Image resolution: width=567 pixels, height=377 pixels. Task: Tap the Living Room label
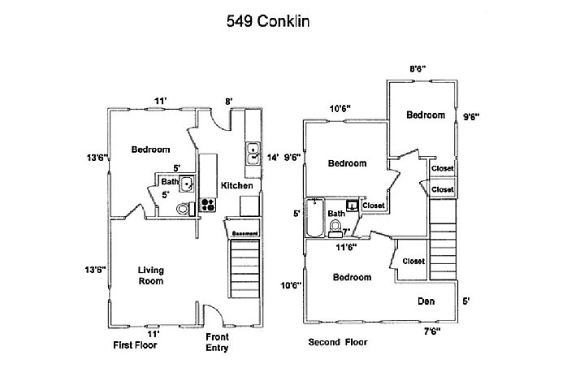tap(150, 275)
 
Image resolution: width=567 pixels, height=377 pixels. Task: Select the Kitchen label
tap(236, 186)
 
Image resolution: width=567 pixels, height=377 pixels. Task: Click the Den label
tap(426, 301)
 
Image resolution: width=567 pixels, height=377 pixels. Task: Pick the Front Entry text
tap(218, 342)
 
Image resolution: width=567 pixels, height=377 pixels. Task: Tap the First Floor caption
tap(135, 345)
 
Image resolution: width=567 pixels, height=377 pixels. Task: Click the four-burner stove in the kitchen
tap(207, 206)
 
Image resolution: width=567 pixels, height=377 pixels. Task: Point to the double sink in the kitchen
tap(253, 154)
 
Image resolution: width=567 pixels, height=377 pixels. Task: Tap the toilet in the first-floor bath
tap(184, 209)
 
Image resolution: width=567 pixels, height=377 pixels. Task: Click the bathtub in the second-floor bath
tap(314, 217)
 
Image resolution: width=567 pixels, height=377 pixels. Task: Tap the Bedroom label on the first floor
tap(150, 149)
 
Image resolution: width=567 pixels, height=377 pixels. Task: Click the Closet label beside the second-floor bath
tap(373, 206)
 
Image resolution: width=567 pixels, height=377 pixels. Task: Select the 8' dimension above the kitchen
tap(229, 102)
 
